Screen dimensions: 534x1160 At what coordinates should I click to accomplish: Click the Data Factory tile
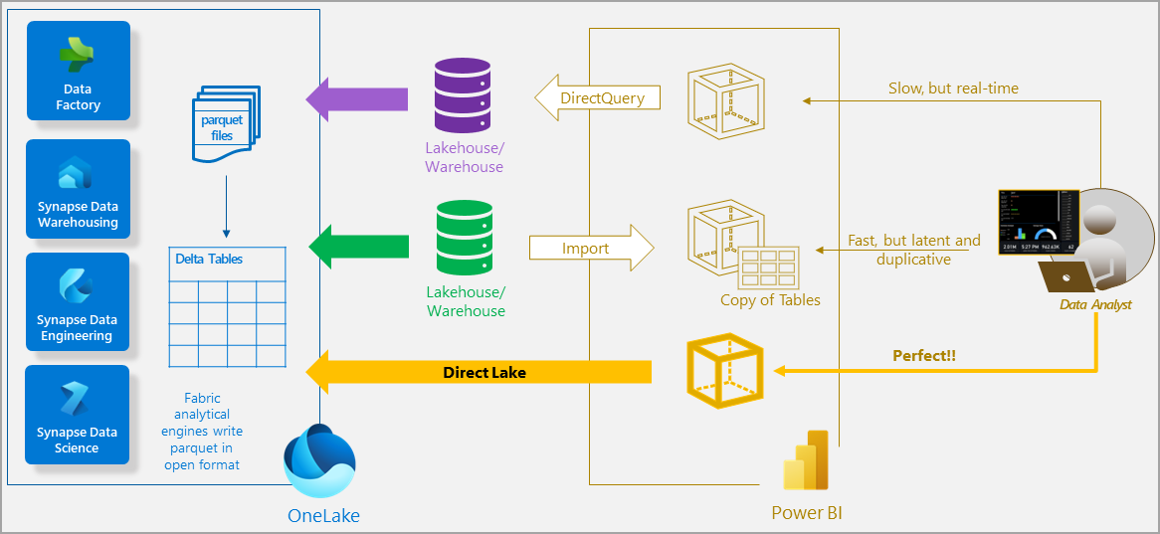pos(79,71)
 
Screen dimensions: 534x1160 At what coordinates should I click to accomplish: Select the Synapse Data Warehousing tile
pos(79,189)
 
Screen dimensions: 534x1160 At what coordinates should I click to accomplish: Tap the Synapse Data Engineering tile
pos(77,302)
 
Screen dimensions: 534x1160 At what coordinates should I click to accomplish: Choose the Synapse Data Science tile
pos(77,415)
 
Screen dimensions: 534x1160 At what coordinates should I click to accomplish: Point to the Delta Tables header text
pos(209,260)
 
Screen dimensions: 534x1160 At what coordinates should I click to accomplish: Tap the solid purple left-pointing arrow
pos(357,98)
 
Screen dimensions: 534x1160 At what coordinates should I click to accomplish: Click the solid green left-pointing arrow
pos(359,246)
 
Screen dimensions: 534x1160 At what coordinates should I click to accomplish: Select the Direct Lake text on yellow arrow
pos(483,373)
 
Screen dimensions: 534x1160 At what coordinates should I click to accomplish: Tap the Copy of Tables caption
pos(770,300)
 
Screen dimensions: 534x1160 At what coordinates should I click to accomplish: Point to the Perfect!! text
pos(924,356)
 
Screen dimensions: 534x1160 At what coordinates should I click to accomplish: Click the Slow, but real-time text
pos(953,89)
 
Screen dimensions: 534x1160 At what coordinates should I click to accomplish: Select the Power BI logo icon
pos(806,461)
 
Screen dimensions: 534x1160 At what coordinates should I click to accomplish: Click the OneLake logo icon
pos(319,462)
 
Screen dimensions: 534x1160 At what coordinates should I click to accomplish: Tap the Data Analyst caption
pos(1095,305)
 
